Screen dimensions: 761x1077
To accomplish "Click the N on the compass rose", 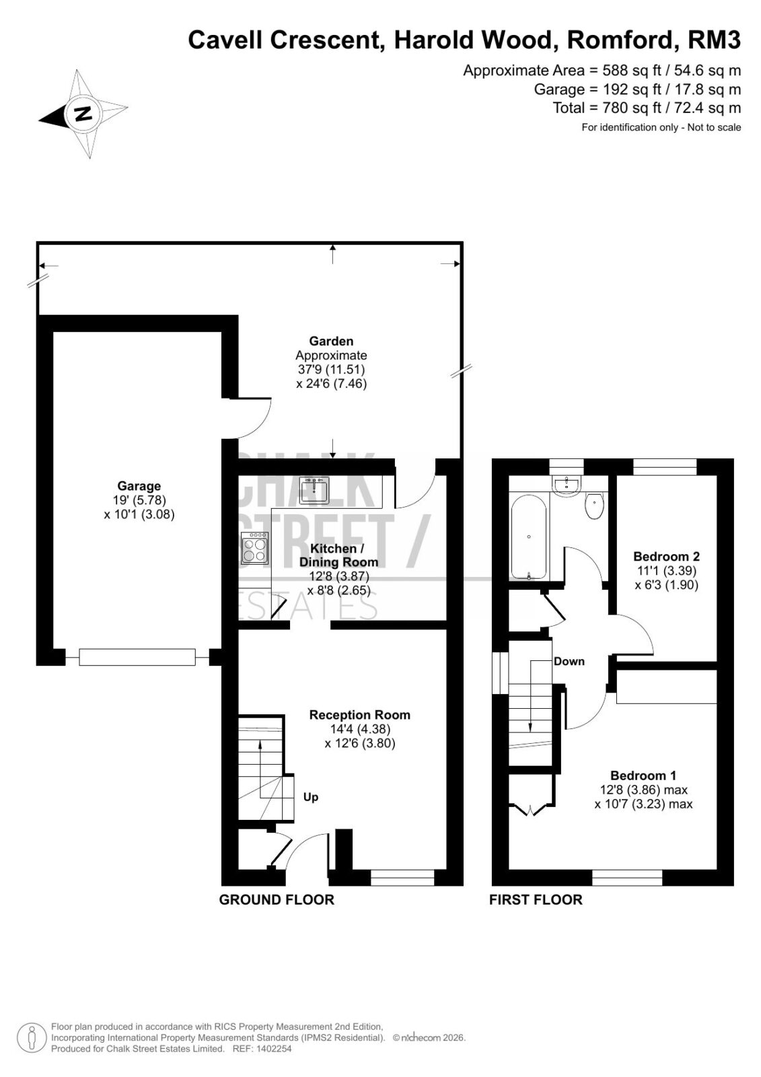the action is (83, 114).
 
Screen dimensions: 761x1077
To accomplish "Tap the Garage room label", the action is (139, 485).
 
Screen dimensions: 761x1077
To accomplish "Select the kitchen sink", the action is (314, 490).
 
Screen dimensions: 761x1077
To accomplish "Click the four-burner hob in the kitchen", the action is (255, 548).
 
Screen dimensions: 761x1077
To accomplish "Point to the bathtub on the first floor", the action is (528, 536).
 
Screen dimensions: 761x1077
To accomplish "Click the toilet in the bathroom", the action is (595, 506).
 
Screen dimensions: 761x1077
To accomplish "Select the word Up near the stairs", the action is (311, 797).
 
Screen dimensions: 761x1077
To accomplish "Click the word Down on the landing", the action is (569, 661).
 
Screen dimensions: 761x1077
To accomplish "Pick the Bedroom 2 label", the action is (666, 556).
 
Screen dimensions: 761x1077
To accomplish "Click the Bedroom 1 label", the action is (643, 775).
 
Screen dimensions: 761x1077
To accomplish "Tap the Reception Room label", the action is (359, 715).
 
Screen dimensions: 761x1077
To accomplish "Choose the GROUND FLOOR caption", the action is (277, 899).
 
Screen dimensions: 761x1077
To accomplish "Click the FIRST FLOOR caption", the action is (536, 899).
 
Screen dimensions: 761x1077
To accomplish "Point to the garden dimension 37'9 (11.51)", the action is (331, 370).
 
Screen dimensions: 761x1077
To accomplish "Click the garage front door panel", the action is (137, 657).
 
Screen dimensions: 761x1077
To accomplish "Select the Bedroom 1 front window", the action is (627, 878).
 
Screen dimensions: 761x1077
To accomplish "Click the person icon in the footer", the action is (32, 1037).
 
